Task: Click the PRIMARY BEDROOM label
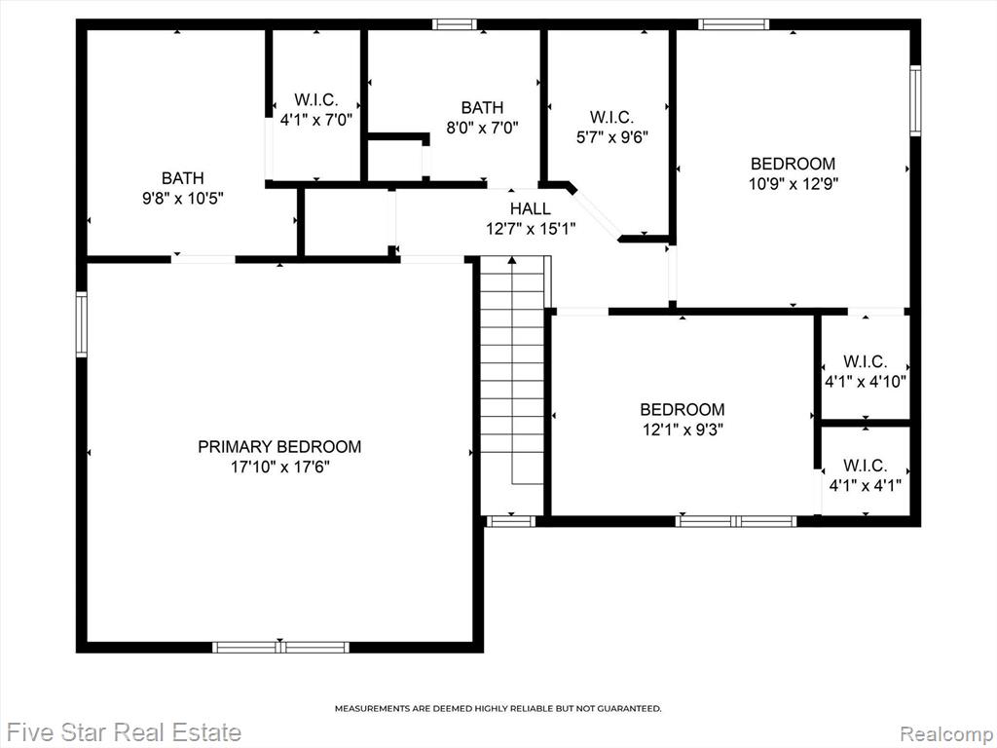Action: click(x=279, y=446)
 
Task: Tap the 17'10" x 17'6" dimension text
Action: click(x=279, y=467)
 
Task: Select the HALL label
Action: click(x=531, y=208)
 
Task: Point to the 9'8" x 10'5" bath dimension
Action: click(x=182, y=199)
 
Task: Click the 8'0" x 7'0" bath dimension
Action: click(x=482, y=128)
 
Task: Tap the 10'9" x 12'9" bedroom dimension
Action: click(x=793, y=184)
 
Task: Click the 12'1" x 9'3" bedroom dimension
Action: click(x=683, y=430)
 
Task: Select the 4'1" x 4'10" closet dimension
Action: click(x=865, y=382)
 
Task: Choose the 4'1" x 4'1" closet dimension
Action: click(x=865, y=486)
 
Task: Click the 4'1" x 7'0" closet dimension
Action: click(x=316, y=120)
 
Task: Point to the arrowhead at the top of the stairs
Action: click(x=512, y=259)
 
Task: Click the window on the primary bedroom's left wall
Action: click(x=82, y=323)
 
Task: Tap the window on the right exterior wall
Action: click(x=915, y=100)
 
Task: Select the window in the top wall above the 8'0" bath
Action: click(x=455, y=24)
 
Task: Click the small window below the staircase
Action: click(x=511, y=522)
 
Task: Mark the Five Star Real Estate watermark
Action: click(x=126, y=732)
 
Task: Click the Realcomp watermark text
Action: click(x=946, y=732)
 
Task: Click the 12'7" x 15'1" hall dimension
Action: click(x=531, y=229)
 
